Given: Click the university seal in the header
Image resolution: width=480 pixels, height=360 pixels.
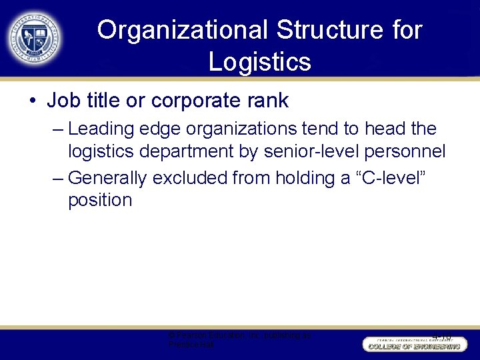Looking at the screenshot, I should pyautogui.click(x=35, y=37).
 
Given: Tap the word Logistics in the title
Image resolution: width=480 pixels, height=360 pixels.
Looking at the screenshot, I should pyautogui.click(x=259, y=61).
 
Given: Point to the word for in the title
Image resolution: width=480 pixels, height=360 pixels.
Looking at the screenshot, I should pyautogui.click(x=405, y=31).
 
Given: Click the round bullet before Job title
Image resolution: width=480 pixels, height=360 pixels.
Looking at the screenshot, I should pyautogui.click(x=33, y=101).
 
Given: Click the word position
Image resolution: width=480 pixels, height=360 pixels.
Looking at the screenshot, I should pyautogui.click(x=100, y=200).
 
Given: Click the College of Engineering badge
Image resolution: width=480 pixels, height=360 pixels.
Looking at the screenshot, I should pyautogui.click(x=413, y=344).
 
